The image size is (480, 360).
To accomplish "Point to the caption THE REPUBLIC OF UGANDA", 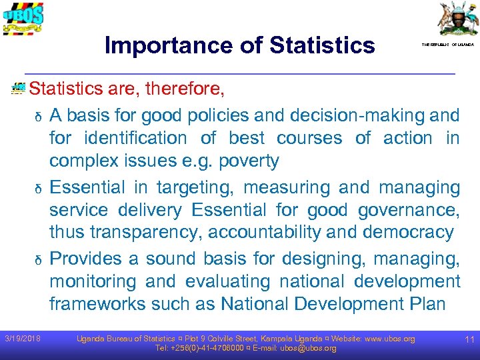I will pyautogui.click(x=447, y=45).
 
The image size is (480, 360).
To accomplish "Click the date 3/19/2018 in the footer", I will pyautogui.click(x=21, y=339).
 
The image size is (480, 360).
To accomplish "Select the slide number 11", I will pyautogui.click(x=469, y=340).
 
